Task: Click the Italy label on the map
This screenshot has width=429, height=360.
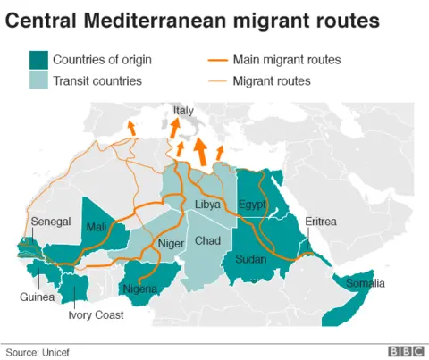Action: [x=183, y=111]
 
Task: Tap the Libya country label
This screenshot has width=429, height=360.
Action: [x=208, y=205]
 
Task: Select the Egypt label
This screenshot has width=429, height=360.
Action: [x=253, y=205]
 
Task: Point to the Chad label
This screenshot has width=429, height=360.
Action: [x=207, y=241]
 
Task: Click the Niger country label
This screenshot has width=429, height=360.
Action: [x=171, y=243]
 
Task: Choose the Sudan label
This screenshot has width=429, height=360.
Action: [x=251, y=259]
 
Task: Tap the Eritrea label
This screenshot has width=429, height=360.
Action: [x=321, y=221]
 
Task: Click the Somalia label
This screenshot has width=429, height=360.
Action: [x=366, y=284]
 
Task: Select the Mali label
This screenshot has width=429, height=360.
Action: [x=97, y=227]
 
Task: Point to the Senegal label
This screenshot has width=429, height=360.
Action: [x=50, y=221]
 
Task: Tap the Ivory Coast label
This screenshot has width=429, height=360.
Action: [x=97, y=314]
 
